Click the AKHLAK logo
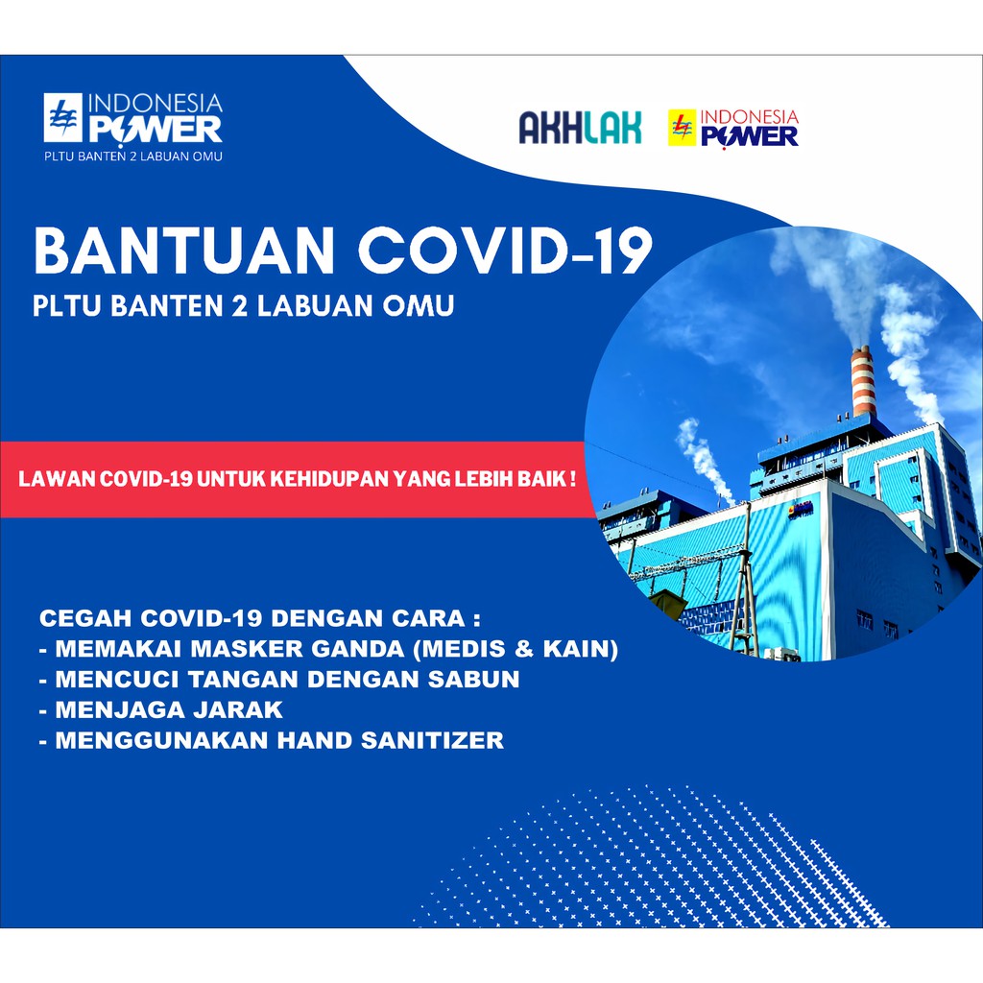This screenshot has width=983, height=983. pyautogui.click(x=580, y=128)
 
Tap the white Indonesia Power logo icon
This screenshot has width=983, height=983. pyautogui.click(x=62, y=117)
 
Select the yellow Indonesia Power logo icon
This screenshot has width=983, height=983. pyautogui.click(x=683, y=128)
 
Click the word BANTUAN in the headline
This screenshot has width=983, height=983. pyautogui.click(x=183, y=251)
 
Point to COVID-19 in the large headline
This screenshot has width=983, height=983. pyautogui.click(x=505, y=251)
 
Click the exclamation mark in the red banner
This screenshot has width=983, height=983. pyautogui.click(x=572, y=479)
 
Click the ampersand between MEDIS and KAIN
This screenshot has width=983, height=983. pyautogui.click(x=523, y=648)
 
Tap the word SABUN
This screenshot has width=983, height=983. pyautogui.click(x=474, y=679)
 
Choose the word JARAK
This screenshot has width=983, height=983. pyautogui.click(x=238, y=709)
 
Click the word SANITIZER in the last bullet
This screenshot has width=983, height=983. pyautogui.click(x=432, y=740)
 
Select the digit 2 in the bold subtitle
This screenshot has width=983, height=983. pyautogui.click(x=239, y=306)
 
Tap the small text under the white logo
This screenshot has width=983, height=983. pyautogui.click(x=132, y=156)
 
